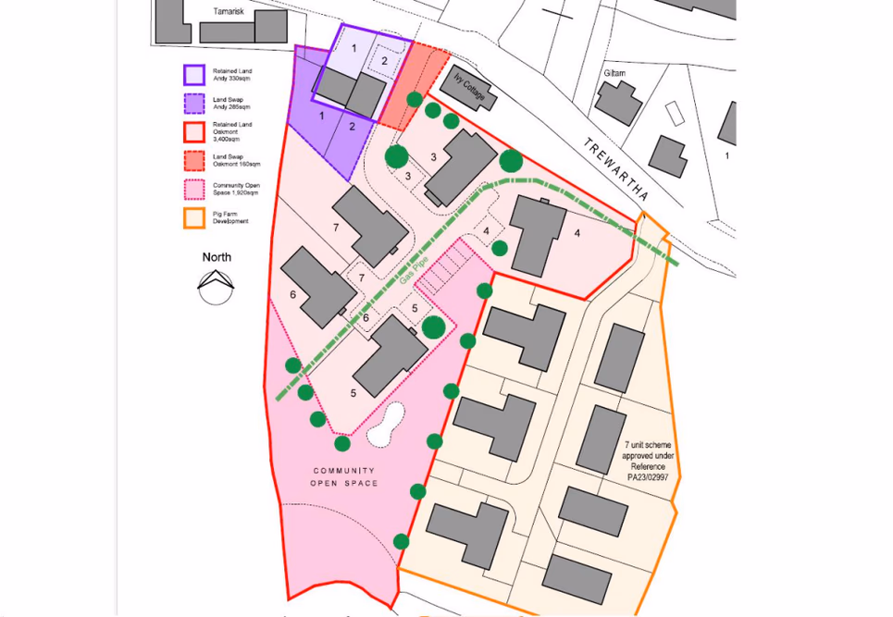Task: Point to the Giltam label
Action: point(614,73)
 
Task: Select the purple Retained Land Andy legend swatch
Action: point(194,75)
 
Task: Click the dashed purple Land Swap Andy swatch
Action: point(194,104)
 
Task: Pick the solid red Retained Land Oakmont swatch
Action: point(194,132)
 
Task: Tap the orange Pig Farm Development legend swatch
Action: point(194,218)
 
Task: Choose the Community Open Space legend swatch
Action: point(194,190)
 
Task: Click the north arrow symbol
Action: point(216,286)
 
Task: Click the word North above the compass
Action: point(217,257)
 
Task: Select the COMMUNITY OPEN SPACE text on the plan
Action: point(344,476)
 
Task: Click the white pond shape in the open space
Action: point(387,424)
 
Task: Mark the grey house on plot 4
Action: point(538,234)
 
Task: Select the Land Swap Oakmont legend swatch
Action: point(194,161)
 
